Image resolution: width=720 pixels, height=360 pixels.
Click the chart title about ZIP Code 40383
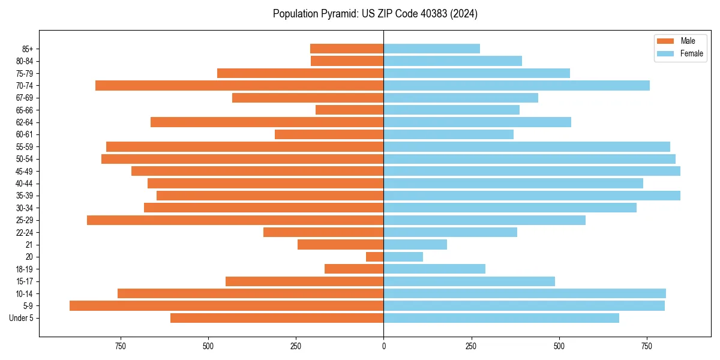pyautogui.click(x=375, y=14)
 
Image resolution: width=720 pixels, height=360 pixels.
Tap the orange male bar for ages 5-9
pyautogui.click(x=226, y=305)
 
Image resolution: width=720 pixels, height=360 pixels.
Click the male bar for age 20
pyautogui.click(x=375, y=257)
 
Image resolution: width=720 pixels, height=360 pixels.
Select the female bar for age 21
pyautogui.click(x=415, y=244)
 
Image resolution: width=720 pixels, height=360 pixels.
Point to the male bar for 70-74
pyautogui.click(x=239, y=85)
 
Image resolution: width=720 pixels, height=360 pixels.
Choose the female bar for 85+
pyautogui.click(x=431, y=49)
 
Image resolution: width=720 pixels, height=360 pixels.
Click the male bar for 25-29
pyautogui.click(x=235, y=220)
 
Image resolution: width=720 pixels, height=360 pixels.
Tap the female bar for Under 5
pyautogui.click(x=501, y=318)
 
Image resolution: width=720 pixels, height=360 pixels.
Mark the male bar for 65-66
pyautogui.click(x=349, y=110)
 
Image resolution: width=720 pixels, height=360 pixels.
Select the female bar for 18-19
pyautogui.click(x=434, y=269)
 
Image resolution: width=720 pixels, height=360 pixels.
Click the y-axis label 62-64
pyautogui.click(x=25, y=122)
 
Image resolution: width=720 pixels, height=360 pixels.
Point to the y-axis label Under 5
pyautogui.click(x=22, y=318)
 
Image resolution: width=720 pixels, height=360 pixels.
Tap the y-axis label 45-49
pyautogui.click(x=25, y=171)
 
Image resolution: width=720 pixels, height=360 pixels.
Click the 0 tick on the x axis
pyautogui.click(x=383, y=346)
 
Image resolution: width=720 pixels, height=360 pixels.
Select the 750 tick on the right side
pyautogui.click(x=646, y=346)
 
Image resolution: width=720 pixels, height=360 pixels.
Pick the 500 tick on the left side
pyautogui.click(x=208, y=346)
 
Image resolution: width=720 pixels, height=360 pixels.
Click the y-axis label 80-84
pyautogui.click(x=25, y=61)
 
